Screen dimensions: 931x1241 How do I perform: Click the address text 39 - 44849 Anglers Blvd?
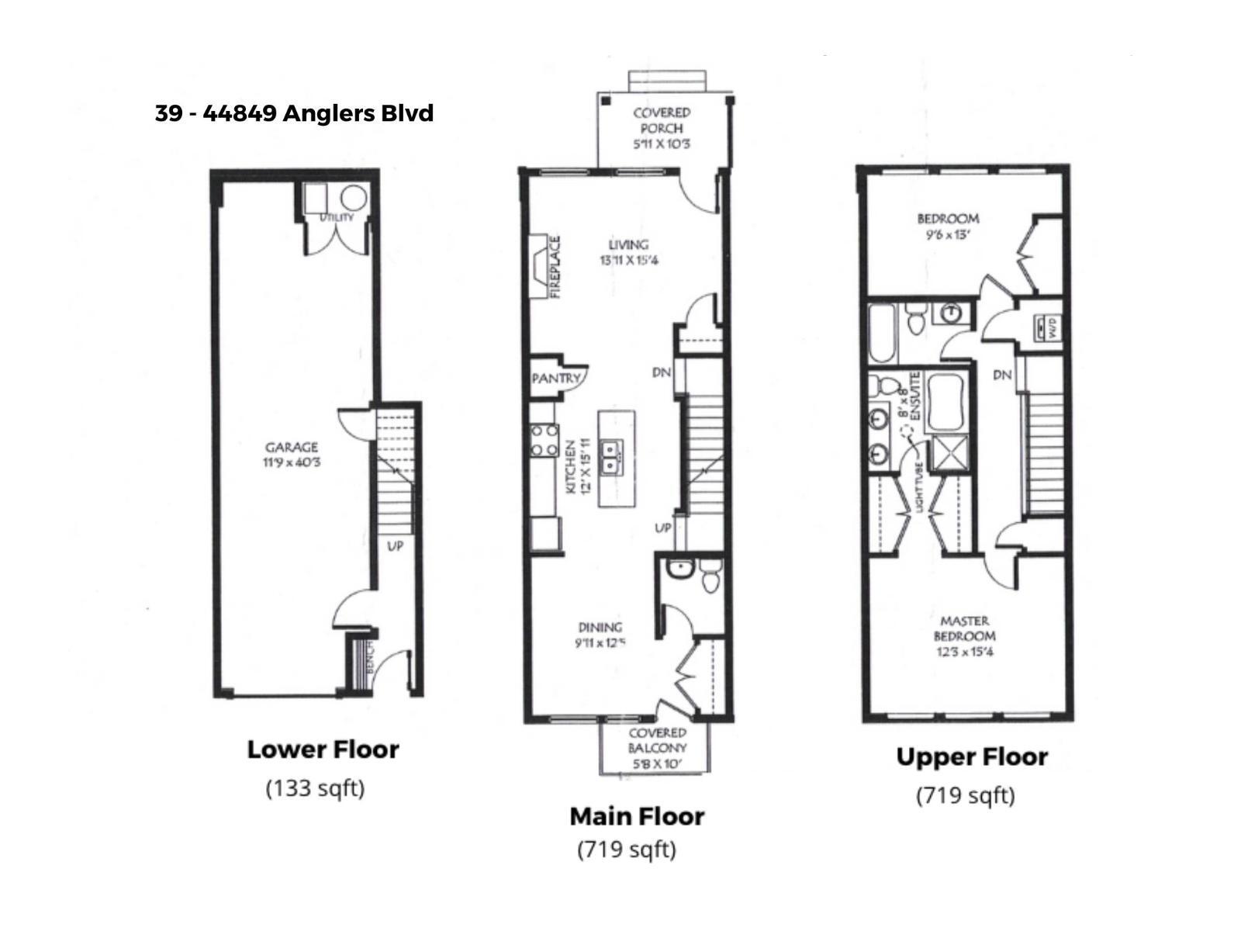click(x=294, y=113)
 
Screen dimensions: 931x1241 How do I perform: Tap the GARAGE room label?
click(x=292, y=448)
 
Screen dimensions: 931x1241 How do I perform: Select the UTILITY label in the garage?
click(x=336, y=217)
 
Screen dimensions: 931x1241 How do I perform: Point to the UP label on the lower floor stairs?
click(x=395, y=546)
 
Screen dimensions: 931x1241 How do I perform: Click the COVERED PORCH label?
click(x=662, y=120)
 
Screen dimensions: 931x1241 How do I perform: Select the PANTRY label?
click(x=555, y=378)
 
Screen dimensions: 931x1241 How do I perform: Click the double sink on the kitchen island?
click(x=617, y=457)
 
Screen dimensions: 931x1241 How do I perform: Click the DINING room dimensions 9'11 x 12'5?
click(x=600, y=643)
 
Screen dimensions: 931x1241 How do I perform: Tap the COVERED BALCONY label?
click(x=657, y=741)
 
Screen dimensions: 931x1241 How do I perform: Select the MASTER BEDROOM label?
click(x=964, y=628)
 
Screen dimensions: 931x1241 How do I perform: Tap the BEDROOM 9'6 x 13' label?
click(x=947, y=225)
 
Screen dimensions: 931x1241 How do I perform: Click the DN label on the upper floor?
click(x=1002, y=375)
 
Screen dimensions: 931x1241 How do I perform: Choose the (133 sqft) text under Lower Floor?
click(x=315, y=788)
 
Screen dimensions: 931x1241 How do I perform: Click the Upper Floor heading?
click(x=971, y=756)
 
